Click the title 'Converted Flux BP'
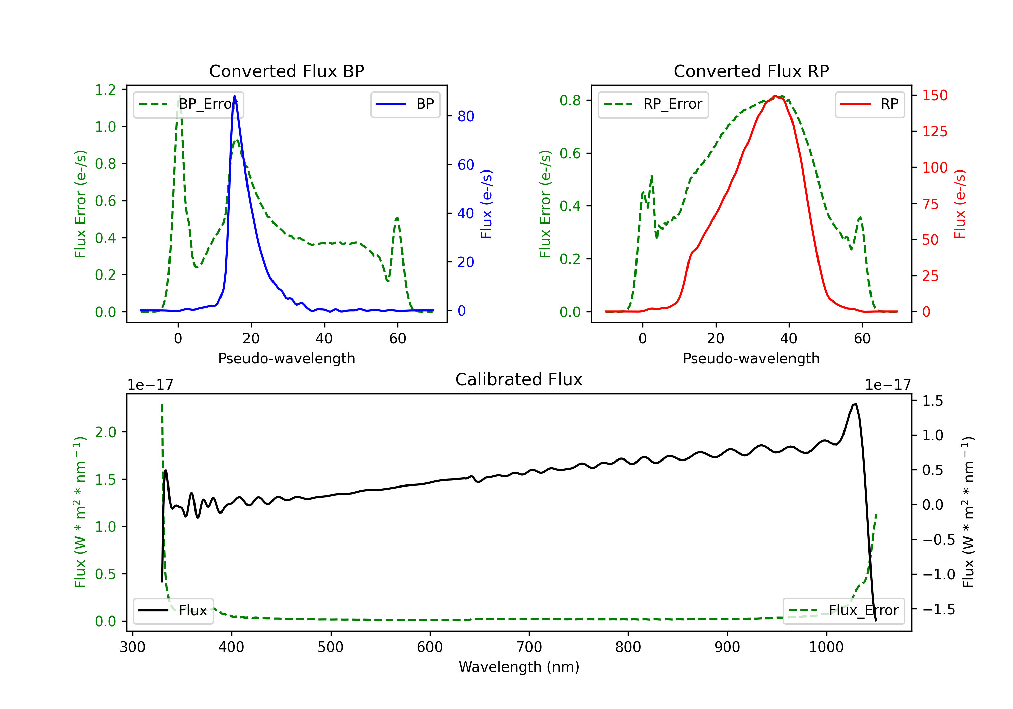(286, 71)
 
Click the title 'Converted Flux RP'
(751, 71)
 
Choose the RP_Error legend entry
(653, 104)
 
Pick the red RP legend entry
(869, 104)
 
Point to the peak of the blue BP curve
(234, 96)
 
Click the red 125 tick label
(934, 131)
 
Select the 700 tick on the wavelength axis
(529, 647)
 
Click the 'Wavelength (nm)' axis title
(519, 667)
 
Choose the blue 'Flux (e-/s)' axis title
(486, 204)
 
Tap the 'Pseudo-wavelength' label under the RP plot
(751, 358)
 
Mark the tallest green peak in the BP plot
(179, 96)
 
